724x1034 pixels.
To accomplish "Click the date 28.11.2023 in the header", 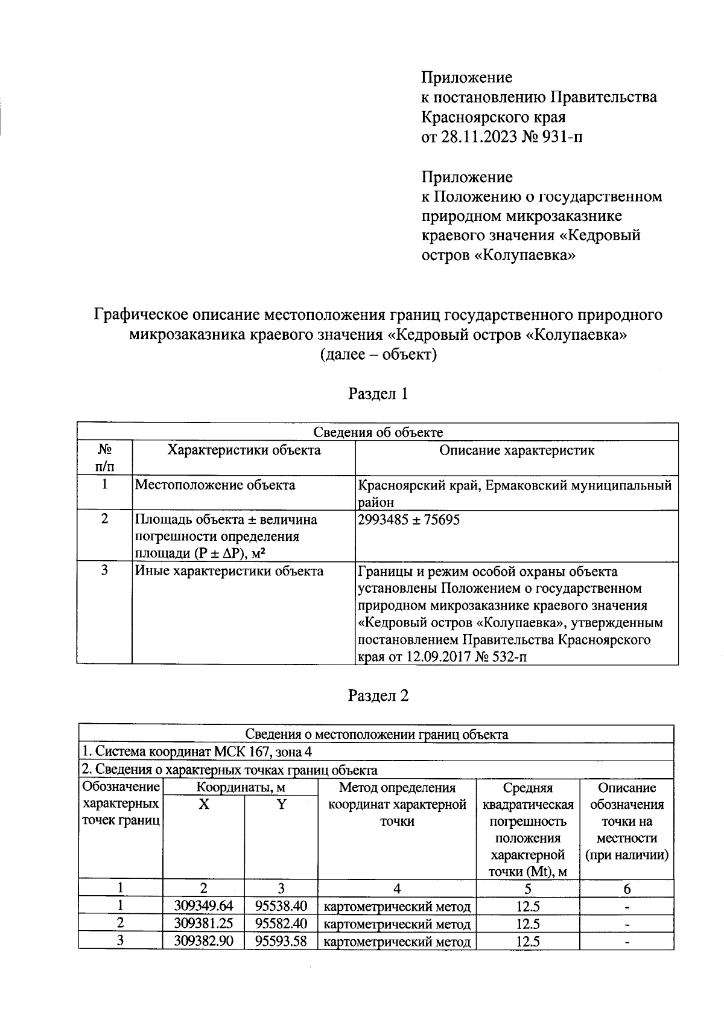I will click(477, 136).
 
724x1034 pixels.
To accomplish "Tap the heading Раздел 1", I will click(378, 394).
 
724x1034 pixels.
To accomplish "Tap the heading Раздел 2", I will click(378, 695).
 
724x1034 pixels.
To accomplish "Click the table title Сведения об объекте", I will click(378, 432).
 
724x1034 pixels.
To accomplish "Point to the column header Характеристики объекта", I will click(244, 450).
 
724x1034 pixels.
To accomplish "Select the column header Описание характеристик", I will click(516, 450).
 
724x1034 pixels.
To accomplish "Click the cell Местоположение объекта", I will click(215, 485).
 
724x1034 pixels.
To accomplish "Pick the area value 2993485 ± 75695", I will click(408, 520).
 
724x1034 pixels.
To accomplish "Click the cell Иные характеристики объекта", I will click(229, 571).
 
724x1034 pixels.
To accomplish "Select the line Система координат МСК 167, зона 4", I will click(197, 752).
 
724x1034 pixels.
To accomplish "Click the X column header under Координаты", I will click(204, 805).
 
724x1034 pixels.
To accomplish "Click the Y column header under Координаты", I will click(281, 805).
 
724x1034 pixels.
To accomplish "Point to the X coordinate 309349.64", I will click(203, 906).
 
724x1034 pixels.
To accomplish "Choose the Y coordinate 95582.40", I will click(281, 924).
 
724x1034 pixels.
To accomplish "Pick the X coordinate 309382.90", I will click(203, 940).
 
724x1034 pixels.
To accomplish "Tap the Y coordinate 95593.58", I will click(281, 940).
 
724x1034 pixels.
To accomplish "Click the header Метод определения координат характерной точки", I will click(397, 804).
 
